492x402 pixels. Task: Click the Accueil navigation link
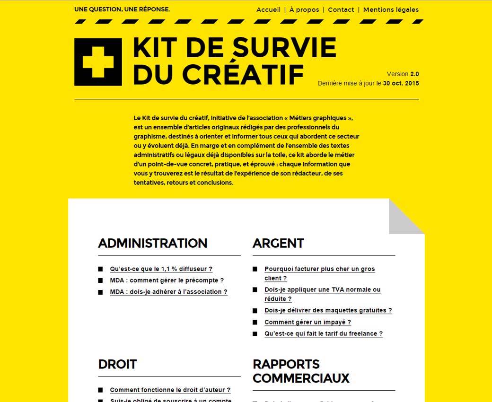point(268,9)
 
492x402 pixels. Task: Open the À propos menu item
point(304,9)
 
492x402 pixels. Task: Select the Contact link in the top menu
point(341,9)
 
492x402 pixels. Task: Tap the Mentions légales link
point(391,9)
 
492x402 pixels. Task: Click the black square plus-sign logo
point(98,62)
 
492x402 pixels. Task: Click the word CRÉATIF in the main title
point(243,74)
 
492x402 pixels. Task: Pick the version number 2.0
point(414,74)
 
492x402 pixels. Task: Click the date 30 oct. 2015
point(401,83)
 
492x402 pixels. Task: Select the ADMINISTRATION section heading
point(152,243)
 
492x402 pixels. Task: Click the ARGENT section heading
point(278,243)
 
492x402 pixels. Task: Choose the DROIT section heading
point(117,364)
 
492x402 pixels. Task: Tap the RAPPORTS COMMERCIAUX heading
point(301,371)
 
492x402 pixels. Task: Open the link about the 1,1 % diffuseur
point(161,269)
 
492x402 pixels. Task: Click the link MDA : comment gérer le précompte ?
point(167,280)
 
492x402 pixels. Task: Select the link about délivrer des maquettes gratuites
point(328,310)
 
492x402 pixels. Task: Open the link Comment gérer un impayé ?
point(307,322)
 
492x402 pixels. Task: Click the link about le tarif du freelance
point(323,333)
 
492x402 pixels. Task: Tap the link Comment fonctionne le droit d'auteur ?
point(170,390)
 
